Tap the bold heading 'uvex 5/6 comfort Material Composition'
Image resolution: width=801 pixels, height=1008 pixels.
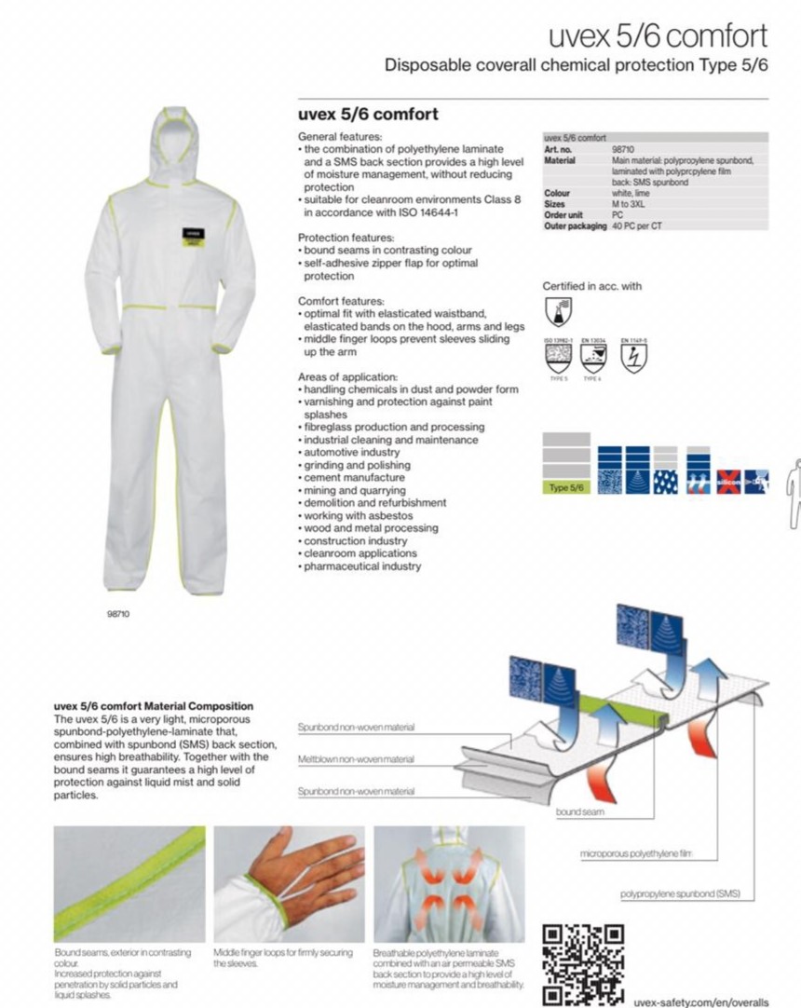[154, 706]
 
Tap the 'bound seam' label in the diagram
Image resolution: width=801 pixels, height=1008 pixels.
[581, 812]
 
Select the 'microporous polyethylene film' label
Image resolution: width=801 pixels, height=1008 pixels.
[638, 853]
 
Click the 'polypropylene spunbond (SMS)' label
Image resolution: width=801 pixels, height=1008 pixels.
[680, 894]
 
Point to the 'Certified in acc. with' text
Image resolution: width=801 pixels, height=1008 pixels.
[592, 286]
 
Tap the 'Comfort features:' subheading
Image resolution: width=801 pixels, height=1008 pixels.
[341, 301]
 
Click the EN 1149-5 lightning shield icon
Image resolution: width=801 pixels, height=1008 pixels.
[633, 352]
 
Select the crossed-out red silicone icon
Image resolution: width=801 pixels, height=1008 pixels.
[728, 482]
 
